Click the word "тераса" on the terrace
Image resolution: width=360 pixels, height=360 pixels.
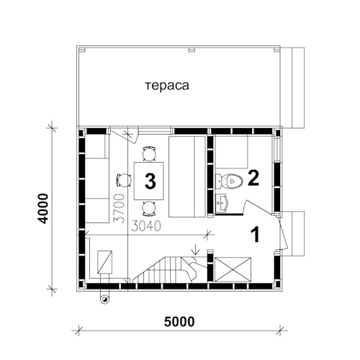click(x=167, y=86)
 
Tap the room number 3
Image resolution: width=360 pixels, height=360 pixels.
click(x=150, y=181)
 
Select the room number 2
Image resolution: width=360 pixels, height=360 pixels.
click(x=253, y=178)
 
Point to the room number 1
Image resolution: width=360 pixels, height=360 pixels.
click(x=256, y=234)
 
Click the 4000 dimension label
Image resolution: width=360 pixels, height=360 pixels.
click(x=44, y=209)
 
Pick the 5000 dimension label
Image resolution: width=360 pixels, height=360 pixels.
click(x=179, y=322)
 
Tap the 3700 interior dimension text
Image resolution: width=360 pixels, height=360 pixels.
click(x=120, y=208)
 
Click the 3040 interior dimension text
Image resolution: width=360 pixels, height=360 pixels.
click(x=146, y=226)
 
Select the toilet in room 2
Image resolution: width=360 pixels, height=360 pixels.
click(x=229, y=181)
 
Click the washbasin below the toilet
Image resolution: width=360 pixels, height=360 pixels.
click(x=223, y=204)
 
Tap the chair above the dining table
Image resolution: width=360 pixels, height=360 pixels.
click(x=149, y=153)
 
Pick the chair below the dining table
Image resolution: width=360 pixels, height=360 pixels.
click(x=149, y=208)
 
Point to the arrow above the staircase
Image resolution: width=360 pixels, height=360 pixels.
click(x=196, y=250)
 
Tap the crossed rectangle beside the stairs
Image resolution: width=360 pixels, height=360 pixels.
click(x=233, y=269)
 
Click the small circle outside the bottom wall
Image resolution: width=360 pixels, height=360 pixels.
click(x=104, y=300)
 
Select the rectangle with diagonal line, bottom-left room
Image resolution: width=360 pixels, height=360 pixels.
click(x=104, y=262)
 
